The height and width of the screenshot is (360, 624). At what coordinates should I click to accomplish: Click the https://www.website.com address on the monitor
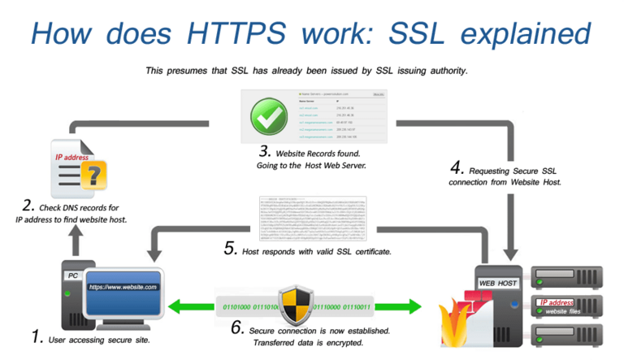[123, 287]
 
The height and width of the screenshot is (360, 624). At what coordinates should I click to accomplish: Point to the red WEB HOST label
[498, 283]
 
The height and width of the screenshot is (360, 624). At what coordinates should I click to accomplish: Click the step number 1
[36, 335]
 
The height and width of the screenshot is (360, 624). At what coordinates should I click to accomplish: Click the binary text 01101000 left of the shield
[237, 306]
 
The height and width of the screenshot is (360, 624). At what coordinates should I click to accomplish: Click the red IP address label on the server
[557, 302]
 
